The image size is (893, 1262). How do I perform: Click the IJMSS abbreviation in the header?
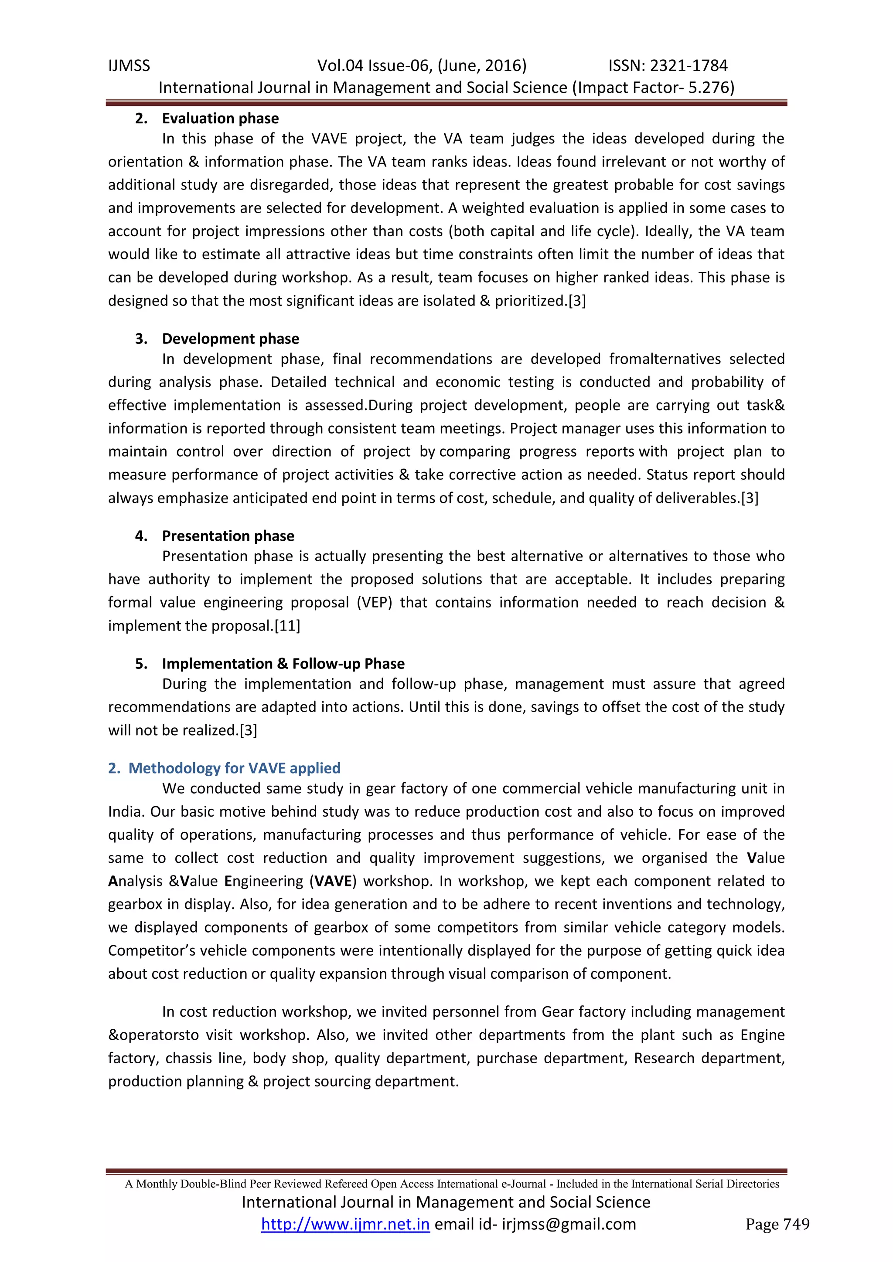(129, 66)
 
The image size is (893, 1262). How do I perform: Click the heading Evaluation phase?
(220, 119)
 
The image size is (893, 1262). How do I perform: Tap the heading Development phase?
(230, 339)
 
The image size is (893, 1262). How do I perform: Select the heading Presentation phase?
(228, 536)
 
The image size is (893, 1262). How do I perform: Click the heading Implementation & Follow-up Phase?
(283, 664)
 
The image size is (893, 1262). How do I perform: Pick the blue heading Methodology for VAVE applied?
(234, 768)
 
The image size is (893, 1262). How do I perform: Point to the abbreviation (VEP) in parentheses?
(374, 603)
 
